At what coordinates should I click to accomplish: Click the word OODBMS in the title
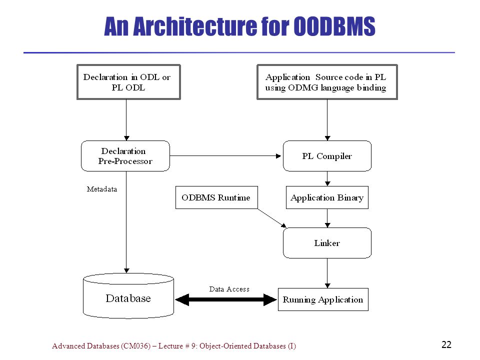coord(334,26)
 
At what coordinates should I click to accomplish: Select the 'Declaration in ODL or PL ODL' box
coord(128,82)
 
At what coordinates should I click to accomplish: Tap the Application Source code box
coord(327,82)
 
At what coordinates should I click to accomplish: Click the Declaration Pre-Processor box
coord(125,156)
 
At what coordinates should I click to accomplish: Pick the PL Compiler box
coord(327,156)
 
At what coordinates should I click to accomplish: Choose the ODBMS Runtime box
coord(216,197)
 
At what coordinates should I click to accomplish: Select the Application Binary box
coord(327,197)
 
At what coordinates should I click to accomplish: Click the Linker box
coord(327,243)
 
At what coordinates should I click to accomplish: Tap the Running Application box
coord(323,299)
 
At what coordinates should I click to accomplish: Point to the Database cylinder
coord(128,296)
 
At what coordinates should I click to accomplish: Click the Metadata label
coord(102,189)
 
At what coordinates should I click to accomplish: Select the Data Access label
coord(229,289)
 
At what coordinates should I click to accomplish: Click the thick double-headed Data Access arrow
coord(226,299)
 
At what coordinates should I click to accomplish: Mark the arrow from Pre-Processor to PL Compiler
coord(225,156)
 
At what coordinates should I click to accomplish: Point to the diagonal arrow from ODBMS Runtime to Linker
coord(272,218)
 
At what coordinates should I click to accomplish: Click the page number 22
coord(446,344)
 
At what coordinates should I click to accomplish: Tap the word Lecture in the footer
coord(170,346)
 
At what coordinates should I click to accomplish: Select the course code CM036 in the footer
coord(135,346)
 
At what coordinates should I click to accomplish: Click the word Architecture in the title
coord(195,26)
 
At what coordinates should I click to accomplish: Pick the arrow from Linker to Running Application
coord(327,273)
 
